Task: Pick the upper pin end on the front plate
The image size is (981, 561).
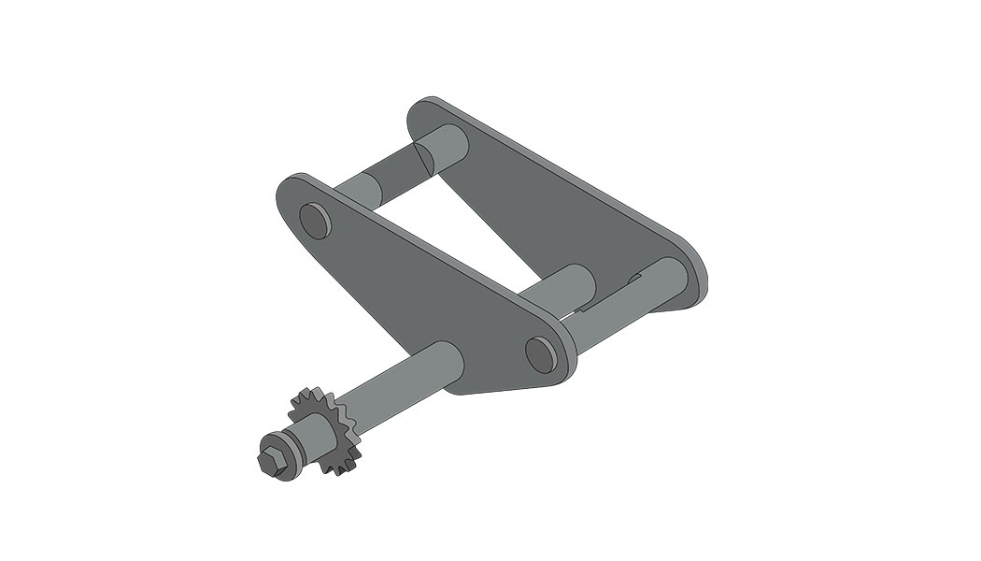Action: [314, 221]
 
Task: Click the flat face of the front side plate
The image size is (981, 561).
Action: [420, 290]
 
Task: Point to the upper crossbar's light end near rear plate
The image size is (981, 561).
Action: [443, 145]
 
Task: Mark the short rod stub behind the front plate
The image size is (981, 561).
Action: [570, 286]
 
